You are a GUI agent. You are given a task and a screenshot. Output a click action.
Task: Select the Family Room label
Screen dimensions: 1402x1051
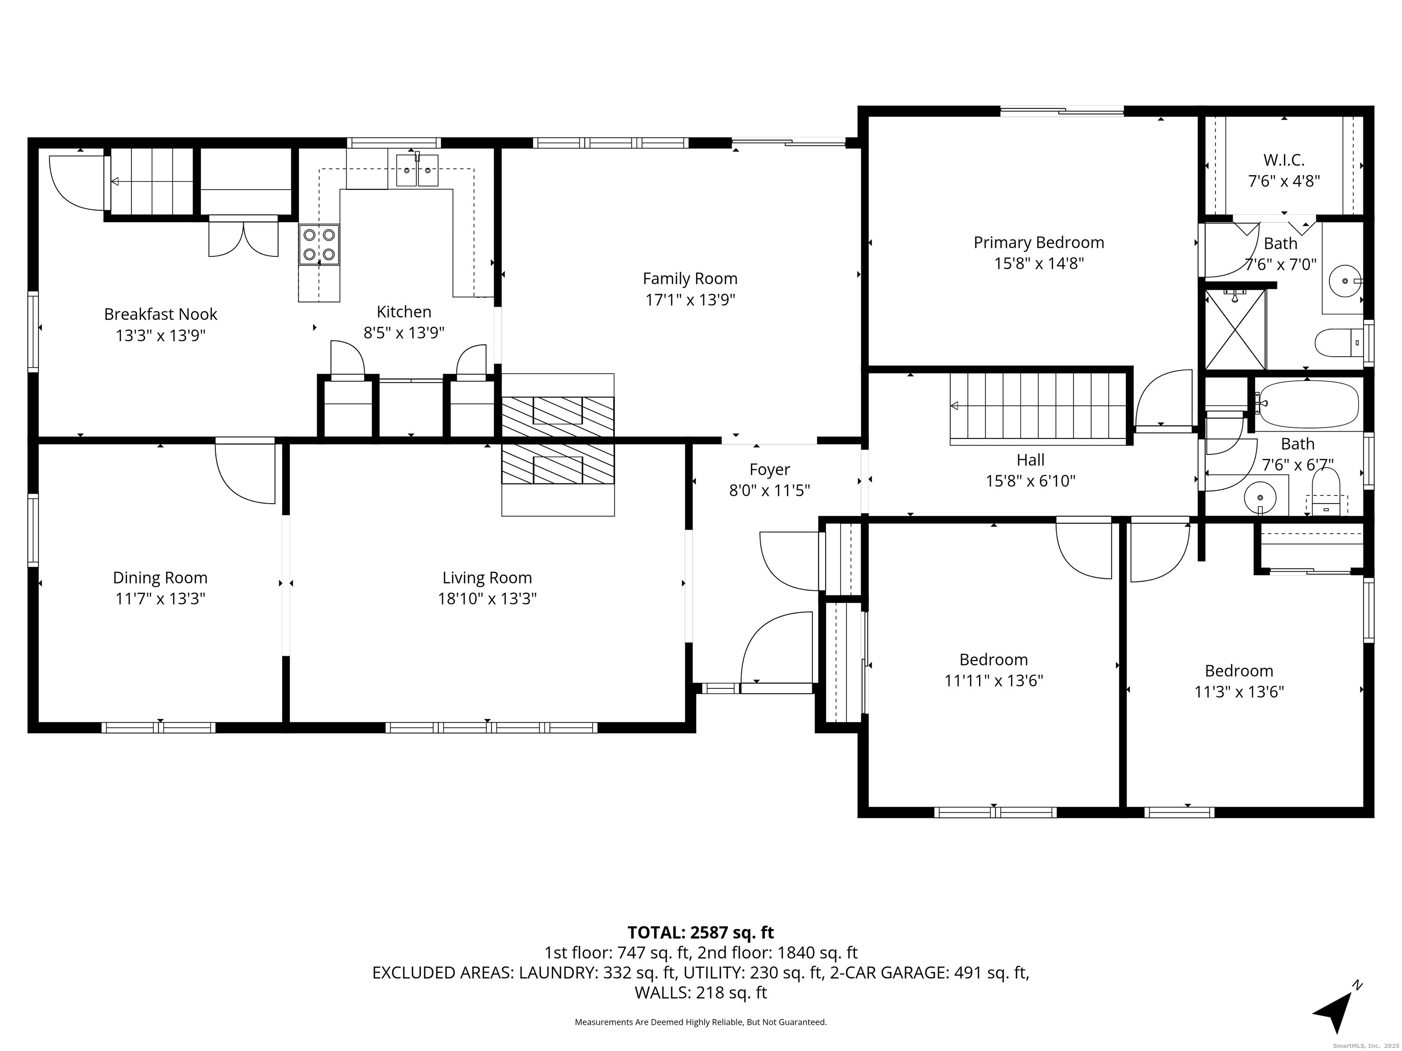(690, 278)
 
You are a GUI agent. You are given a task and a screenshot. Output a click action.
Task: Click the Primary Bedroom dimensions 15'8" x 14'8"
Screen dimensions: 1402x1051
(1039, 263)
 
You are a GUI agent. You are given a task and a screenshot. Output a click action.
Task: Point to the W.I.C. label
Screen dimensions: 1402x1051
(1284, 160)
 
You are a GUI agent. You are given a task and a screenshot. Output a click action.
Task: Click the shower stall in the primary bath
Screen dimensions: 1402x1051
(1235, 329)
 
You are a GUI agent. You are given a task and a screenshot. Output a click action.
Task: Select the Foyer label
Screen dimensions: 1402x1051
(769, 469)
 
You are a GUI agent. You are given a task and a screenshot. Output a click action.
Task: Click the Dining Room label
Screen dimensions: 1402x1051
(160, 578)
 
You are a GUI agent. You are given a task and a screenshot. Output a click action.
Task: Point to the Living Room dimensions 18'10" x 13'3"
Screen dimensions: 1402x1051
(487, 598)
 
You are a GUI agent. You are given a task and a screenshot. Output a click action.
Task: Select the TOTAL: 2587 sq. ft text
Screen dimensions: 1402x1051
(701, 932)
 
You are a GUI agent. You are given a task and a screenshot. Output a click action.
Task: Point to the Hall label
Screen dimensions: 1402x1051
(1031, 460)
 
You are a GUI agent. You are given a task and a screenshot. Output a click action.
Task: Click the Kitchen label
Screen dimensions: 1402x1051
(404, 312)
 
